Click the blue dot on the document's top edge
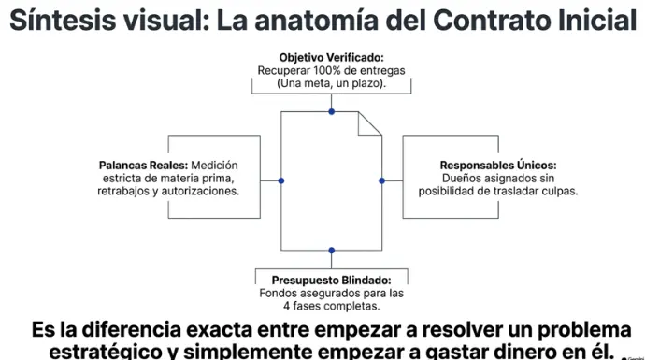coord(332,111)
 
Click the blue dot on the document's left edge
coord(281,180)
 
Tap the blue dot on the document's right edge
coord(381,180)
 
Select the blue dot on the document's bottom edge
coord(332,251)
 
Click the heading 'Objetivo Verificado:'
coord(332,58)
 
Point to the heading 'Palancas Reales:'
coord(143,165)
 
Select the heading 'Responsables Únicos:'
coord(498,165)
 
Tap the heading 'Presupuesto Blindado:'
coord(332,281)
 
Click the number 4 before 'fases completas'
coord(286,306)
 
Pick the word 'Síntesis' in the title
coord(63,20)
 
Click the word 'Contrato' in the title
coord(491,21)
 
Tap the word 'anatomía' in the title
coord(316,21)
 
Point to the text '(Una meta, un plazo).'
coord(332,83)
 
